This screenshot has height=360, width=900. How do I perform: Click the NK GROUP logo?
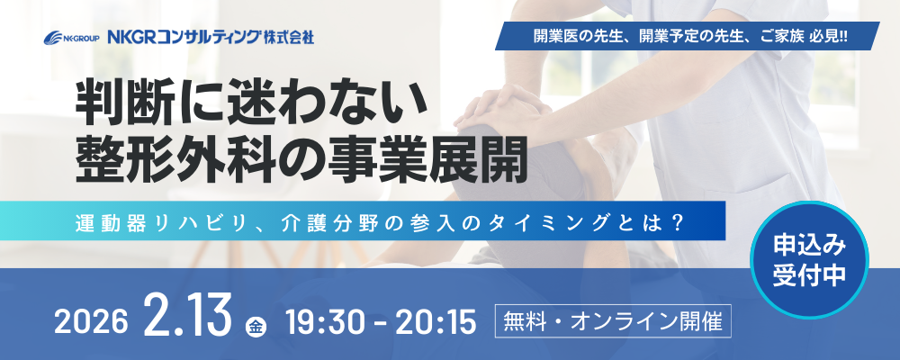coord(72,39)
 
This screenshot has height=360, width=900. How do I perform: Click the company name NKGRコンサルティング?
coord(183,38)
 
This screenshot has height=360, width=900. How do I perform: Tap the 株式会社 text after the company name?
coord(288,38)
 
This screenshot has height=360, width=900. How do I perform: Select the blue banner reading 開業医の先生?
coord(688,36)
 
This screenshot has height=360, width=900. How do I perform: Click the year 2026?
coord(90,323)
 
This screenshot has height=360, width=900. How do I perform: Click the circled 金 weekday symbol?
coord(256,328)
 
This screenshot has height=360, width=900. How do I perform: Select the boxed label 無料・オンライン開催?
coord(613,322)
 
